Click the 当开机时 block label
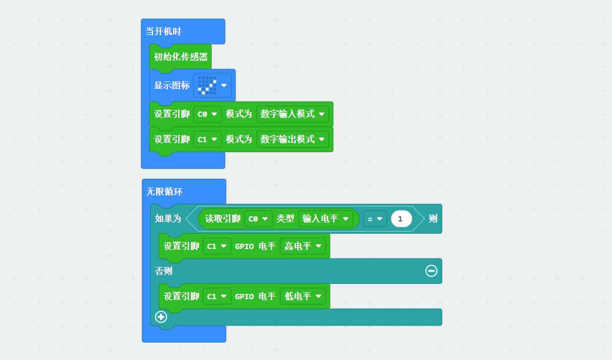(163, 32)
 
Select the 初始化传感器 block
(181, 57)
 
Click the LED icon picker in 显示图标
(212, 85)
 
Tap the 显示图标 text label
(172, 85)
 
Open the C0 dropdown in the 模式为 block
(207, 114)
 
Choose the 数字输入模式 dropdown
(293, 114)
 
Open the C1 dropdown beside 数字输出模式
(207, 140)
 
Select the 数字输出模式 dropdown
(293, 140)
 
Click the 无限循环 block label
(165, 192)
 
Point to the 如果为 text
(168, 219)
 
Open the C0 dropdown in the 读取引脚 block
(258, 219)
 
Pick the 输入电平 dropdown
(325, 219)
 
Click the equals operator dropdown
(375, 219)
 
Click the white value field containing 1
(401, 219)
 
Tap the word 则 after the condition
(433, 219)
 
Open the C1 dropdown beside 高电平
(217, 246)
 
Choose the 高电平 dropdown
(303, 246)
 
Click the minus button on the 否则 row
(431, 271)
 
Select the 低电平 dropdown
(303, 297)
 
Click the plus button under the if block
(161, 317)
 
